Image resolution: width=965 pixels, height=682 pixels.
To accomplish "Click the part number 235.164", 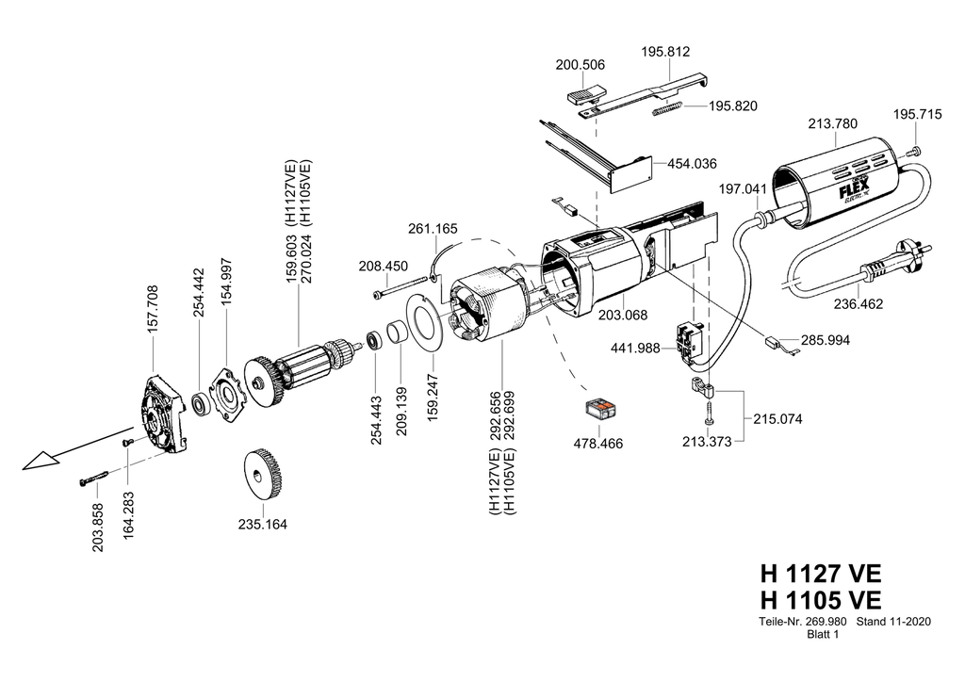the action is pos(262,525).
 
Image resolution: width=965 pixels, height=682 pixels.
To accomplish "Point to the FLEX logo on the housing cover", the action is pos(855,190).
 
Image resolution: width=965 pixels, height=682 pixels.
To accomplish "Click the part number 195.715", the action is pos(917,114).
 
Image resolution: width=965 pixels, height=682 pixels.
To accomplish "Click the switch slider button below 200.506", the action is pos(584,95).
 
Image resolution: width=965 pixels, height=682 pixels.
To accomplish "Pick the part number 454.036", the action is pos(693,164).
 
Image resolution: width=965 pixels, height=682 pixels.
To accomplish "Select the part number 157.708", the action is pos(153,309).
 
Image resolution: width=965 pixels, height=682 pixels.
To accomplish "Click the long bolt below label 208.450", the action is pos(400,288).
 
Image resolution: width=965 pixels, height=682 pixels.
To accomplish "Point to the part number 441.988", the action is pos(635,349).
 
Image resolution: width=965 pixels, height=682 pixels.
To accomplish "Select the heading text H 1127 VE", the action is pos(821,573).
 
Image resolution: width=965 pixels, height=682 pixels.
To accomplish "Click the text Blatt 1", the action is pos(823,635).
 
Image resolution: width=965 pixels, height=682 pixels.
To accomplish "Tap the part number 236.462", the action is pos(858,304).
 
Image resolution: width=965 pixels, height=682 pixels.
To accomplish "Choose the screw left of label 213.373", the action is pos(709,412).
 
